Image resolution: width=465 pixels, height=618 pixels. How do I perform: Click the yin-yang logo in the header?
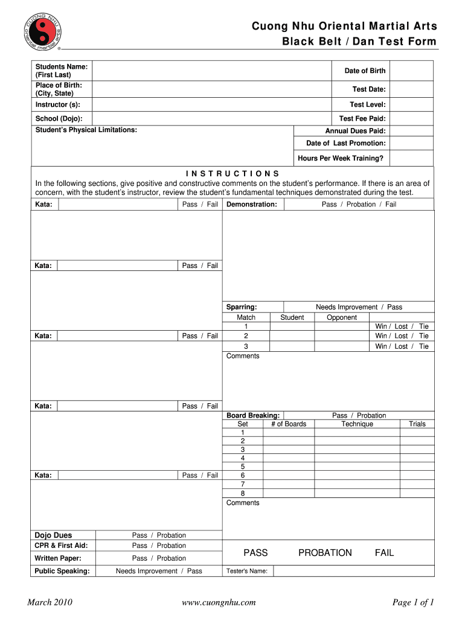pyautogui.click(x=42, y=27)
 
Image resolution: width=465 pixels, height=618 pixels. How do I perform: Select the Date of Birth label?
pyautogui.click(x=365, y=71)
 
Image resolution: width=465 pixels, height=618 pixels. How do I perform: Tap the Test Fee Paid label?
pyautogui.click(x=362, y=119)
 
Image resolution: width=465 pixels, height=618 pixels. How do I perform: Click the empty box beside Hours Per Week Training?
pyautogui.click(x=411, y=159)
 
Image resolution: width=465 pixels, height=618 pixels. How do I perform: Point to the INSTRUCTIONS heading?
pyautogui.click(x=232, y=174)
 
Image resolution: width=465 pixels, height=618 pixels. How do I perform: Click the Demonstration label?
pyautogui.click(x=251, y=205)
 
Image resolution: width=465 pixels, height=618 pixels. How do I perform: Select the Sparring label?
pyautogui.click(x=242, y=307)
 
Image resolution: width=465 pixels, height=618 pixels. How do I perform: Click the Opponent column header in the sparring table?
pyautogui.click(x=342, y=317)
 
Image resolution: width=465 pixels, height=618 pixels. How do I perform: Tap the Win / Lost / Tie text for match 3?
pyautogui.click(x=402, y=346)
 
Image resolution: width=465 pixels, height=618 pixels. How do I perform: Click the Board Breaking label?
pyautogui.click(x=253, y=415)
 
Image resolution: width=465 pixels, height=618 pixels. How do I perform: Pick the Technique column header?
pyautogui.click(x=357, y=424)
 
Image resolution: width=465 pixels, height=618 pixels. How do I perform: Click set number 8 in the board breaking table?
pyautogui.click(x=243, y=492)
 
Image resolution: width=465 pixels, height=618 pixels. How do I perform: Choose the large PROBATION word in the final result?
pyautogui.click(x=325, y=553)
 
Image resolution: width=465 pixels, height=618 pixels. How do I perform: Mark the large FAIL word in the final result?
pyautogui.click(x=384, y=553)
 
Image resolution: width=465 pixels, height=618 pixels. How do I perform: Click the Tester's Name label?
pyautogui.click(x=247, y=571)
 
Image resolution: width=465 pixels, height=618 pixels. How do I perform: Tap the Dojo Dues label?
pyautogui.click(x=53, y=535)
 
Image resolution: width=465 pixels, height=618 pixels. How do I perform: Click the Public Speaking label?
pyautogui.click(x=62, y=571)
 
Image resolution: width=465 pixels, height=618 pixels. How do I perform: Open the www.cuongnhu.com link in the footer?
pyautogui.click(x=219, y=602)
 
